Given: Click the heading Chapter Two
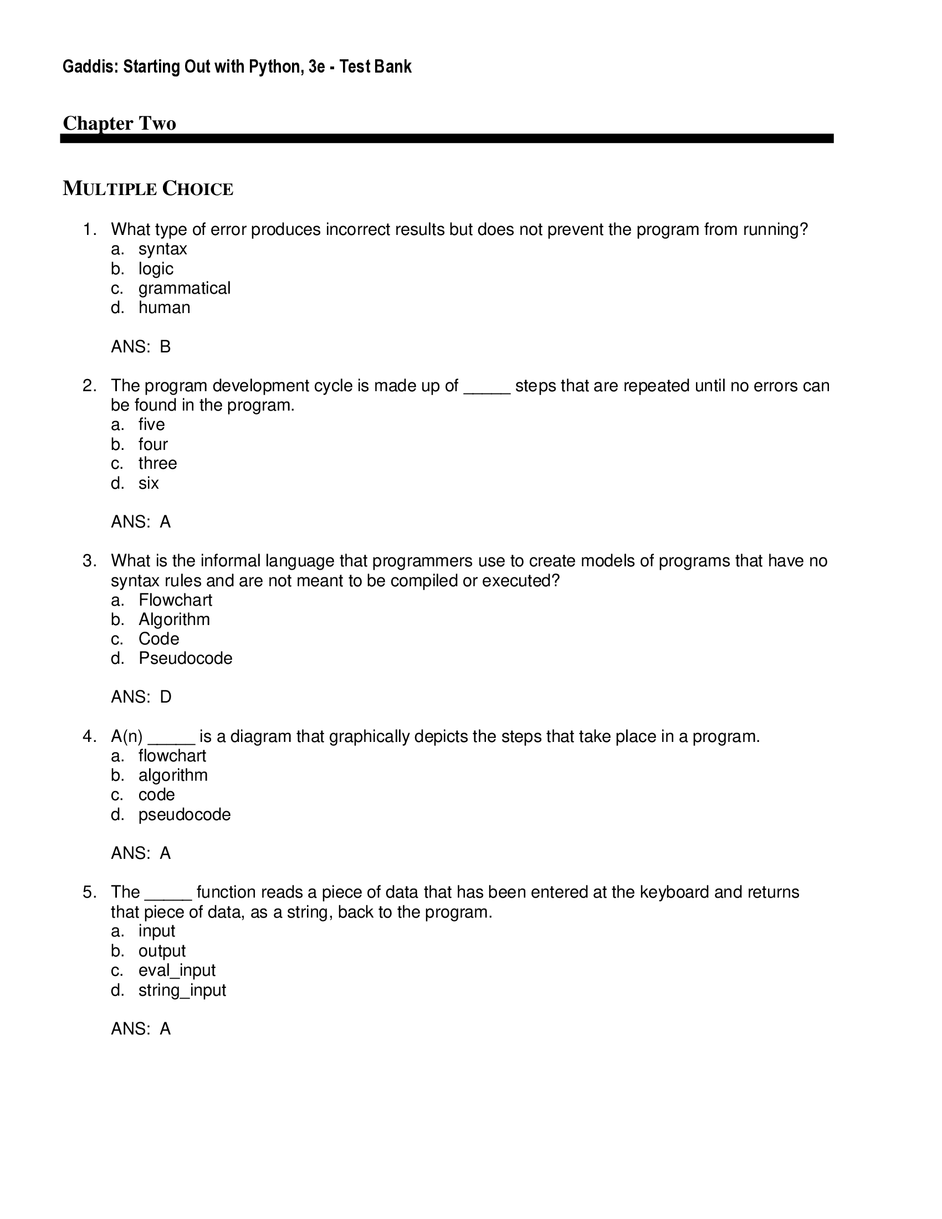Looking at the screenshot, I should (120, 124).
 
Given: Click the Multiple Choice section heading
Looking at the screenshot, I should (148, 189).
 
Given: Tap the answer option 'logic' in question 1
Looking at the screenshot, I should (156, 269).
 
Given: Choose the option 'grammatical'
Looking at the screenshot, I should (184, 288).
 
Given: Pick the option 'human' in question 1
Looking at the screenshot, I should (164, 308).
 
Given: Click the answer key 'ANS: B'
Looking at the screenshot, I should (141, 347).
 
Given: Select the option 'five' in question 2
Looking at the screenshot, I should (151, 424).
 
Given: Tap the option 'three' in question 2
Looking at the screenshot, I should (157, 463).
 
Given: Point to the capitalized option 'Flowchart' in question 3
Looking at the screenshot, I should (175, 600).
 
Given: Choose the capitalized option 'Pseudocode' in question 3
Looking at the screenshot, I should (185, 658).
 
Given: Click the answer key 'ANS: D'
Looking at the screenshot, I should (141, 697).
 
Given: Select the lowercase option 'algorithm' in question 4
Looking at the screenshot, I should (173, 775).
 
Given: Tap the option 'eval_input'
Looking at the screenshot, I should (177, 970).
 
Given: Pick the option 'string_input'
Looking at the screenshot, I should (182, 990).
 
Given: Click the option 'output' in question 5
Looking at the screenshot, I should (162, 950).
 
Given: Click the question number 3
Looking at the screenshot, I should (89, 561).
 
